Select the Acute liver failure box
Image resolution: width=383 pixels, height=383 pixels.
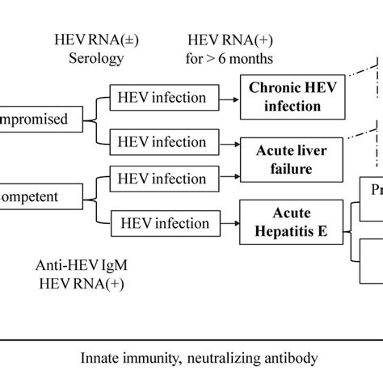point(286,159)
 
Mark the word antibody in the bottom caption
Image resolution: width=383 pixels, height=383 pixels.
point(287,357)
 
